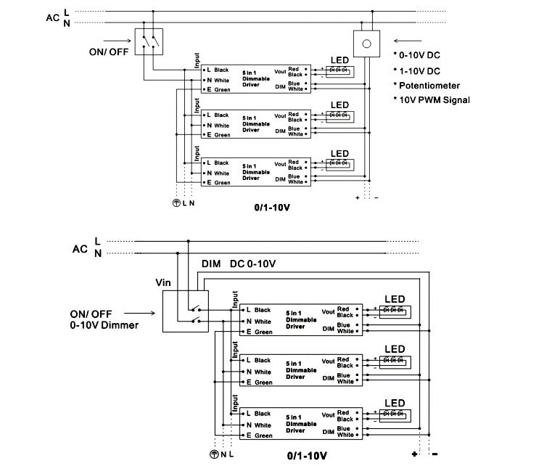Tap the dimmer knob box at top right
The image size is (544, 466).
point(367,44)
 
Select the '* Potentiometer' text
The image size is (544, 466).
point(428,86)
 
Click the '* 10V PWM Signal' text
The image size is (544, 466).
point(432,99)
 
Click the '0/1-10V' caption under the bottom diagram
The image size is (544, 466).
point(309,457)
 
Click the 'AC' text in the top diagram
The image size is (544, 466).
point(51,18)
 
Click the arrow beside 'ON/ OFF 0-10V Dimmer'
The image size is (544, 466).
point(146,314)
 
